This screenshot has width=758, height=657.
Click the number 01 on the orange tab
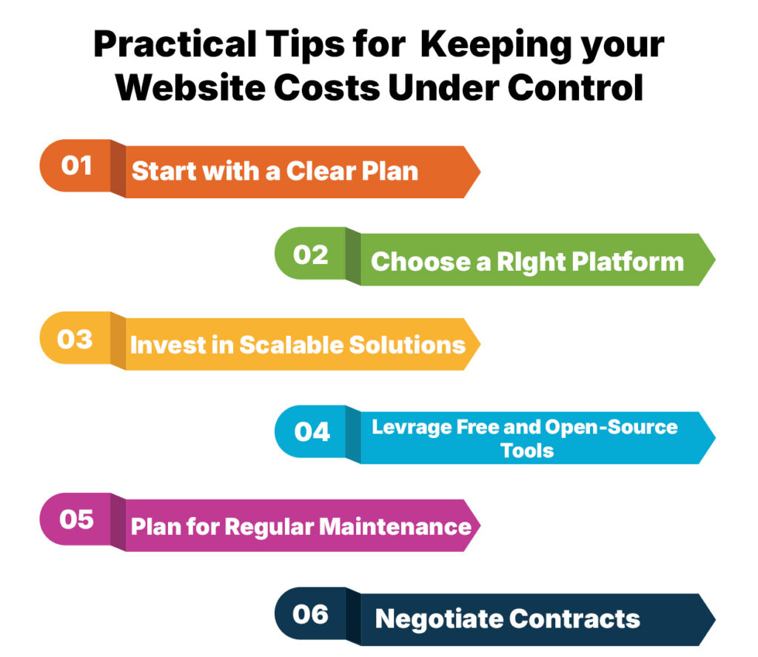pos(76,164)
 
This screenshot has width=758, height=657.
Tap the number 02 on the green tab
pos(311,255)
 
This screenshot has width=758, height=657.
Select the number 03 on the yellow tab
pos(76,339)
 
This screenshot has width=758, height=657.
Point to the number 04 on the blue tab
pos(312,431)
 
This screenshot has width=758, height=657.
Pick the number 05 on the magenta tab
pos(76,519)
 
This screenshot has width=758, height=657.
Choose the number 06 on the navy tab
pos(312,613)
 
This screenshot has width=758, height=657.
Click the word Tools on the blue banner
pos(527,450)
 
